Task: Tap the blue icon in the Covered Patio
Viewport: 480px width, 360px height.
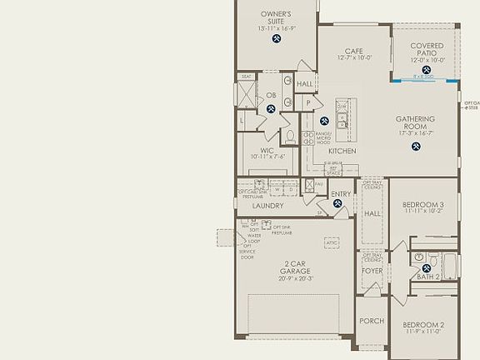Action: tap(427, 70)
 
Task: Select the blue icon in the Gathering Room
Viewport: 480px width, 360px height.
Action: tap(416, 147)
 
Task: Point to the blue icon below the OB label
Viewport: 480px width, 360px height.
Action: tap(272, 109)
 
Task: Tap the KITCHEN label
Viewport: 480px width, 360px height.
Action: tap(342, 151)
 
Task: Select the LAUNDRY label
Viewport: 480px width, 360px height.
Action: tap(267, 206)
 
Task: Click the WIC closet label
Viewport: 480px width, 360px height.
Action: tap(267, 150)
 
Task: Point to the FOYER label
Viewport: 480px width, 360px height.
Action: tap(371, 272)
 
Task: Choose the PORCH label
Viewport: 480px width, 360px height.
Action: tap(371, 321)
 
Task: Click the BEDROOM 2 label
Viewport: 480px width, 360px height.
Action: tap(423, 325)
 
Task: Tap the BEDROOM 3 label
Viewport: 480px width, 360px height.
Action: tap(423, 205)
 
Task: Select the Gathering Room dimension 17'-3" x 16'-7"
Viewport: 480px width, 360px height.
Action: tap(414, 132)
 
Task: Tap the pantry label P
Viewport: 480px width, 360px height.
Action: tap(307, 102)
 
